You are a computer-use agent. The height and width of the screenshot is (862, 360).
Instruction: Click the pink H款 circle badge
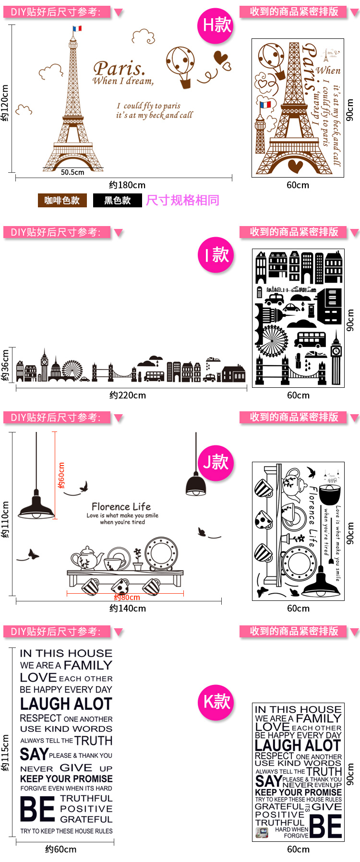(216, 25)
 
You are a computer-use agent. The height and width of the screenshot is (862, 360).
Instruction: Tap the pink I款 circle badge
(216, 254)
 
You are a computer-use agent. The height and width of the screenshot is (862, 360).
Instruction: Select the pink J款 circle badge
(216, 462)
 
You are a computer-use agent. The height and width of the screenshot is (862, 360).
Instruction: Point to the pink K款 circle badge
(216, 702)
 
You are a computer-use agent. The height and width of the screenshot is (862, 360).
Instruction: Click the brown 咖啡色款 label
(62, 201)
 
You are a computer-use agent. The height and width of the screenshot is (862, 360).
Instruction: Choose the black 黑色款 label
(118, 201)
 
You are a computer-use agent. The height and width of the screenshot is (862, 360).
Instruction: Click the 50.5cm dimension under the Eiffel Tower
(72, 172)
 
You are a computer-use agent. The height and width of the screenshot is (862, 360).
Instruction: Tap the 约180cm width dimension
(127, 185)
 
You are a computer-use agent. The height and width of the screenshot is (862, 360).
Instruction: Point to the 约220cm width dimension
(128, 395)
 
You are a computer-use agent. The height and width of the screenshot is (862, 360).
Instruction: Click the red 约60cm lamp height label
(61, 476)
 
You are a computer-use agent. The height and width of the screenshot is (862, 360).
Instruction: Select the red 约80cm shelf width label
(127, 598)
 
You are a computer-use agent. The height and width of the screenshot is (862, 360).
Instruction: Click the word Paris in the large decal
(119, 69)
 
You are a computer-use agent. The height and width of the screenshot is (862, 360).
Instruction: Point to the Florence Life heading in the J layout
(121, 507)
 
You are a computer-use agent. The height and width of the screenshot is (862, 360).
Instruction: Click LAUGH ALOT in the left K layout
(66, 704)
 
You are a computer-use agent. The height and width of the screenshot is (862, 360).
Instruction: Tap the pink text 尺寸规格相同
(182, 200)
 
